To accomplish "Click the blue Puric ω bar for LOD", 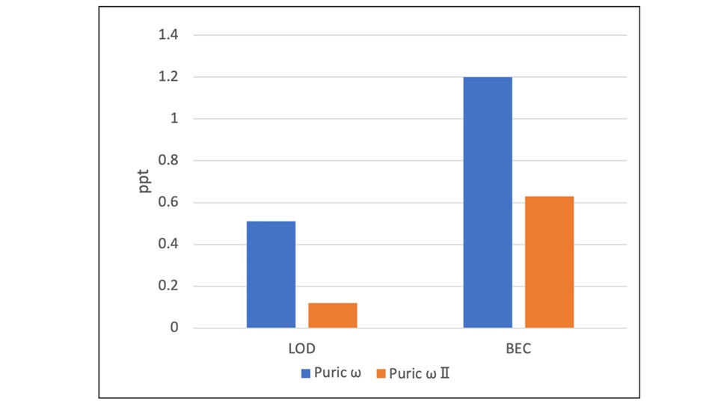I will point(271,275).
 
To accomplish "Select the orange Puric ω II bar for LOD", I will point(332,315).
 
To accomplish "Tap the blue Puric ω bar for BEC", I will point(488,202).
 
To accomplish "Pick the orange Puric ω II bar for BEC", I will point(549,262).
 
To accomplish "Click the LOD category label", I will point(301,349).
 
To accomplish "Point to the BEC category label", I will point(518,349).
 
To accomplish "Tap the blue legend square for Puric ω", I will point(306,372).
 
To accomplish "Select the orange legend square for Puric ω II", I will point(381,372).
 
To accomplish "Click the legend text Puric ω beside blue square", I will point(337,372).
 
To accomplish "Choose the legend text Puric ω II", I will point(419,372).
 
